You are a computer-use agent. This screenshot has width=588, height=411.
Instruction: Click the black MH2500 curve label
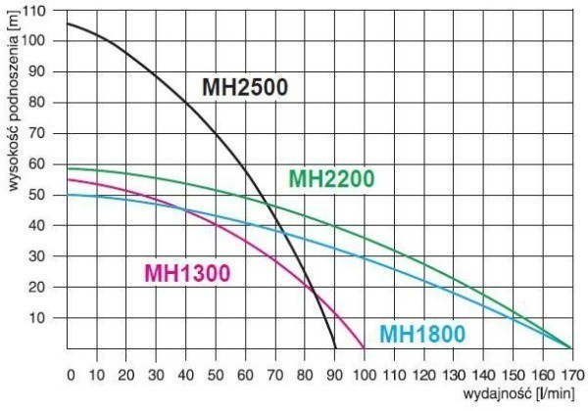(x=245, y=87)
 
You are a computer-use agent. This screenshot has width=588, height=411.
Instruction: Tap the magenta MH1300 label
(x=187, y=272)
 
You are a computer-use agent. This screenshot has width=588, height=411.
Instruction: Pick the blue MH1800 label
(x=422, y=334)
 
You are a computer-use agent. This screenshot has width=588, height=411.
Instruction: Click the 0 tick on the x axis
(x=70, y=374)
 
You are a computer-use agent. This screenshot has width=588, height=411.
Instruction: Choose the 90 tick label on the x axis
(x=335, y=374)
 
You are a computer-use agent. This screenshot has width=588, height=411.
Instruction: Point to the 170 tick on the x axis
(x=570, y=374)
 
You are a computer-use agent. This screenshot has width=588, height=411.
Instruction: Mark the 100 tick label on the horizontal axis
(x=365, y=374)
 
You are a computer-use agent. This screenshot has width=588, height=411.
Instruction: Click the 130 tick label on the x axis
(x=453, y=374)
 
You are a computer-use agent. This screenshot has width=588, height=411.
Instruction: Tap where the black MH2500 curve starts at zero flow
(x=67, y=23)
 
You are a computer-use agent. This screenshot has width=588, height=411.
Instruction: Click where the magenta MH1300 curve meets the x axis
(x=365, y=347)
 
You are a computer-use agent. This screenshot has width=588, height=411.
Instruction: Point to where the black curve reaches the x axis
(x=336, y=347)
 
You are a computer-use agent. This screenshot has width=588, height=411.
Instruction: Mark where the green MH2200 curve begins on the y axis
(x=67, y=168)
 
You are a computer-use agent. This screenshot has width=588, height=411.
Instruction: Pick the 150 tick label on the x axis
(x=512, y=374)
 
